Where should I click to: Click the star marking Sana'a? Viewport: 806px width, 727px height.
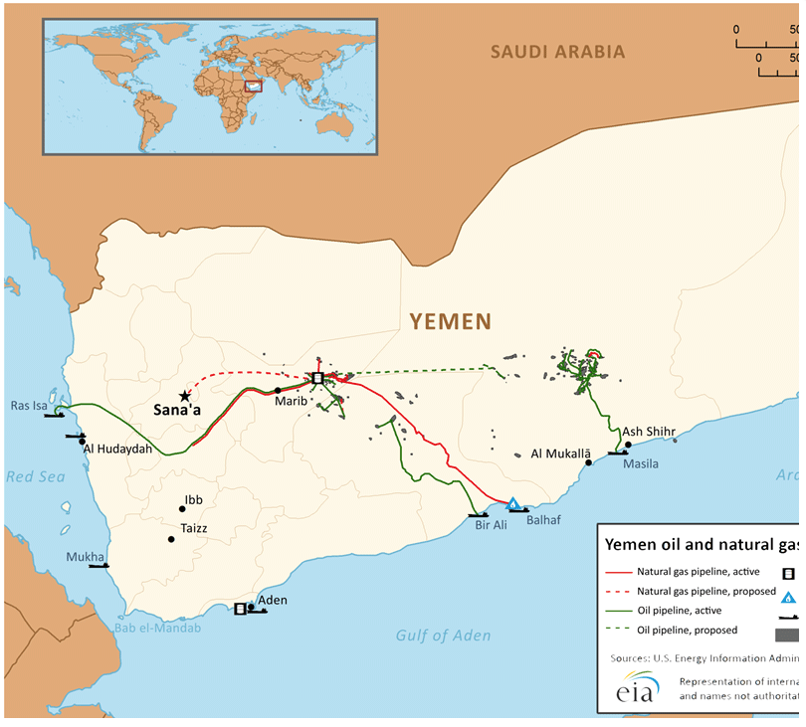pos(184,396)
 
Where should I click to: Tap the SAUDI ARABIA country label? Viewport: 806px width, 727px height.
pos(558,52)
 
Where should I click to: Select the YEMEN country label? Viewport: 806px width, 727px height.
pos(451,321)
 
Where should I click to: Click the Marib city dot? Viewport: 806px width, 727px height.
pos(278,390)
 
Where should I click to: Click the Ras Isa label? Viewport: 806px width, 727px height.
pos(28,406)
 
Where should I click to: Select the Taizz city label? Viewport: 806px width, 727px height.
pos(194,529)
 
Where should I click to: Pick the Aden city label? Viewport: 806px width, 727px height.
pos(273,600)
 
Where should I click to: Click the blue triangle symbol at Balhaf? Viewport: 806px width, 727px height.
pos(512,504)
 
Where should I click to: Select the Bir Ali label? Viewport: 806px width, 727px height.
pos(491,525)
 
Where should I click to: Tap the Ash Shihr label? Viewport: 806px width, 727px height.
pos(649,432)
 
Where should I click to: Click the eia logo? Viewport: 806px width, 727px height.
pos(635,688)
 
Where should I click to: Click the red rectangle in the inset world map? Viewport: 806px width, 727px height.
pos(253,86)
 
